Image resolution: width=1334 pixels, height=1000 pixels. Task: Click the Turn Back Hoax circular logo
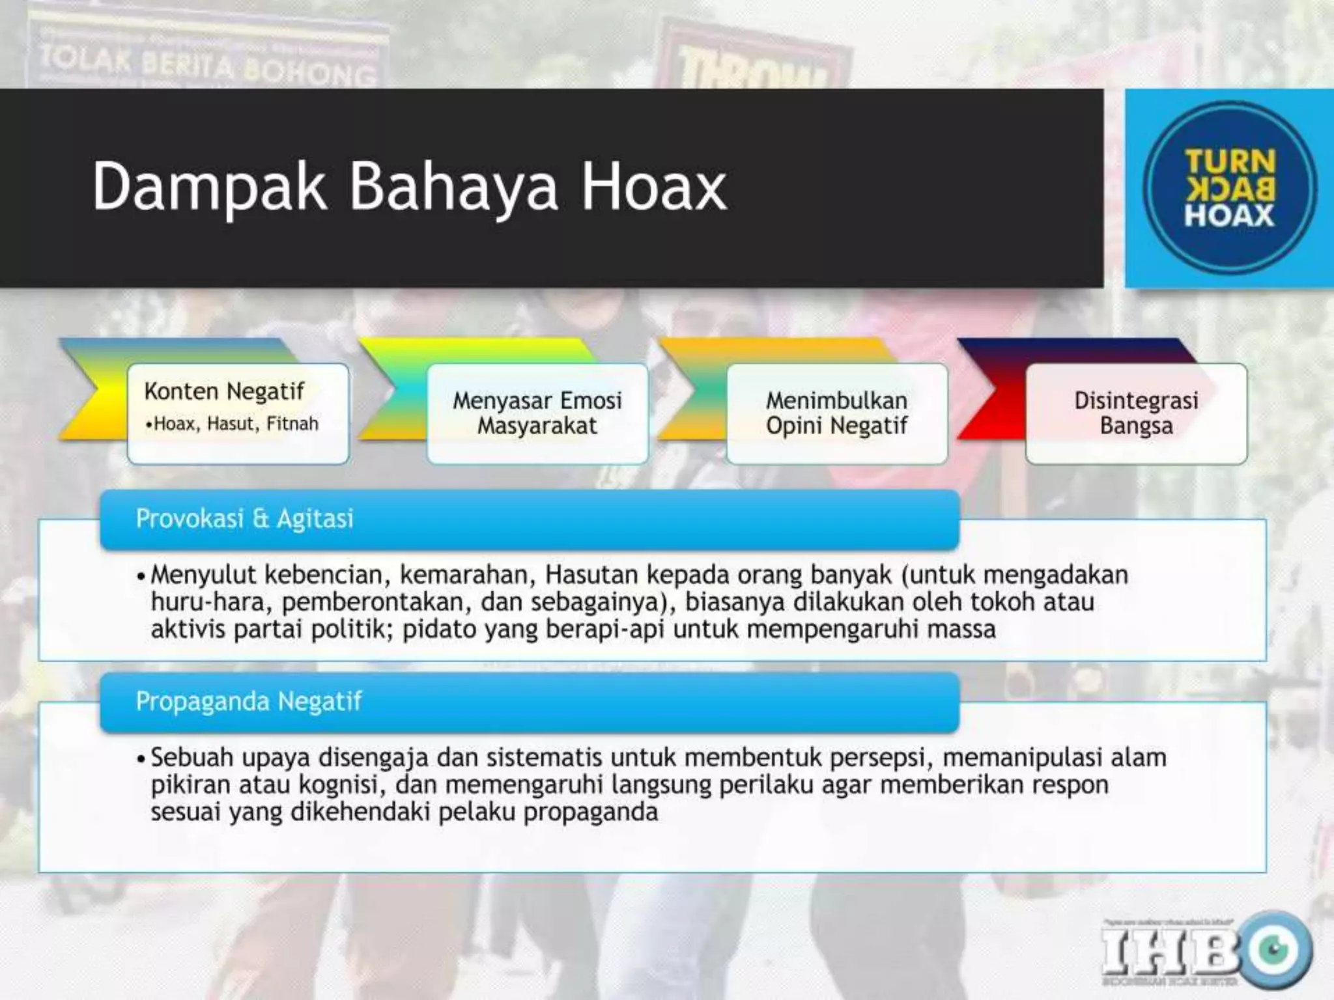pyautogui.click(x=1229, y=188)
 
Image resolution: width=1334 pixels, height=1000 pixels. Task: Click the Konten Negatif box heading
pyautogui.click(x=224, y=391)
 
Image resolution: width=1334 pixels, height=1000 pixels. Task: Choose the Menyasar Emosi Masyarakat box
pyautogui.click(x=537, y=413)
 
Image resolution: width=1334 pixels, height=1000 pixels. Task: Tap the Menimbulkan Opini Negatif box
pyautogui.click(x=836, y=413)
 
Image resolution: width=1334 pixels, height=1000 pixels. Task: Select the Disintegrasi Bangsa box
pyautogui.click(x=1136, y=413)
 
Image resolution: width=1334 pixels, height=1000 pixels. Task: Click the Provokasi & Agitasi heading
pyautogui.click(x=244, y=519)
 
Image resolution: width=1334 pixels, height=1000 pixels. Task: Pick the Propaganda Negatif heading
pyautogui.click(x=248, y=702)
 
